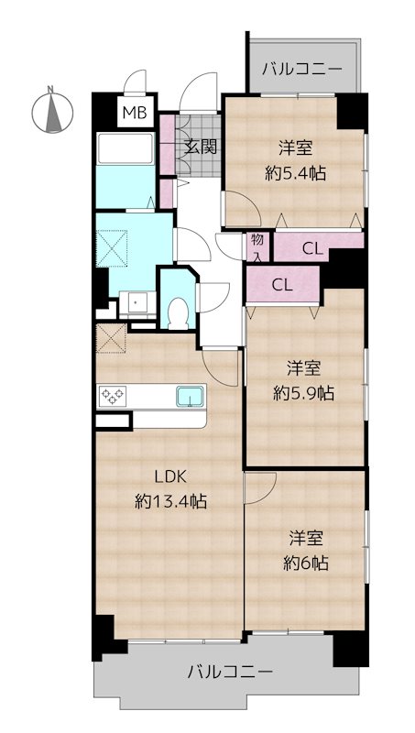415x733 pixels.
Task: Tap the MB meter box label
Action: click(135, 114)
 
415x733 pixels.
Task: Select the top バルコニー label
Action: click(301, 69)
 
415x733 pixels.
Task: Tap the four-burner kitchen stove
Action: click(114, 396)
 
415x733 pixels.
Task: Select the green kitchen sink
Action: click(190, 396)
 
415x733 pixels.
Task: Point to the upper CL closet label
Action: click(311, 246)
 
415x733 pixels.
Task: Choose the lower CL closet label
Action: click(281, 284)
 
